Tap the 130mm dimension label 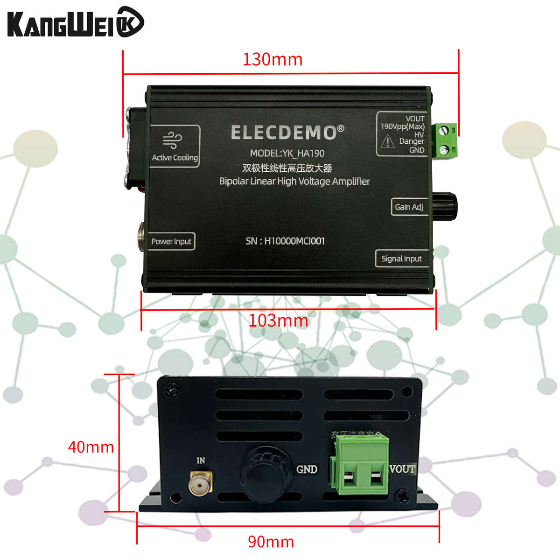[x=273, y=59]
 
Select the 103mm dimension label [x=278, y=321]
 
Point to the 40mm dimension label [x=91, y=447]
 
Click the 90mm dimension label [x=271, y=542]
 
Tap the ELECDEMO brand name [x=287, y=133]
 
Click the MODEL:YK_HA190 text [x=287, y=153]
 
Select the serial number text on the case [x=285, y=241]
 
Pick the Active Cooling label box [x=175, y=146]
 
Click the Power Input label [x=171, y=241]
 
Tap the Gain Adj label [x=409, y=207]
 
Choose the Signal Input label [x=401, y=259]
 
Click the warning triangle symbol [x=388, y=141]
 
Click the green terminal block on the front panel [x=360, y=464]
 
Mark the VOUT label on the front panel [x=402, y=469]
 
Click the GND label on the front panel [x=307, y=469]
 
